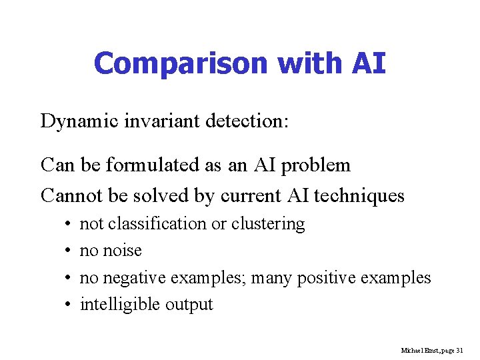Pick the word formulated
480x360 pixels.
[167, 164]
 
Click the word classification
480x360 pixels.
[157, 224]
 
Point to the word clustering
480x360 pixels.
[268, 225]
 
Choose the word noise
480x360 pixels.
[123, 251]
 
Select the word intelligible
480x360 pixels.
[117, 305]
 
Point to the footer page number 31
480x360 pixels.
[459, 350]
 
